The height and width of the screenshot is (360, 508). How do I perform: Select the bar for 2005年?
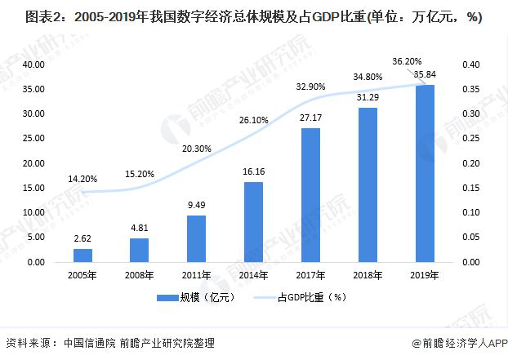tap(82, 256)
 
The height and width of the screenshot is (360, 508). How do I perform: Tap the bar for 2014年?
tap(253, 222)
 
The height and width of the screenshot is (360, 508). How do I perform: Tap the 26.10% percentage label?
tap(253, 119)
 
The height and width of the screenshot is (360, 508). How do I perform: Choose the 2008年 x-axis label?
tap(139, 275)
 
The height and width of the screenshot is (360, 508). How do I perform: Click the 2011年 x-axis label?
tap(196, 275)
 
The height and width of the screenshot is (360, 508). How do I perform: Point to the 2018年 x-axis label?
tap(368, 275)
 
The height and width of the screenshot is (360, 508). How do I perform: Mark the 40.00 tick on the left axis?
tap(33, 64)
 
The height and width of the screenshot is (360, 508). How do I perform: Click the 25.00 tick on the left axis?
tap(33, 139)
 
